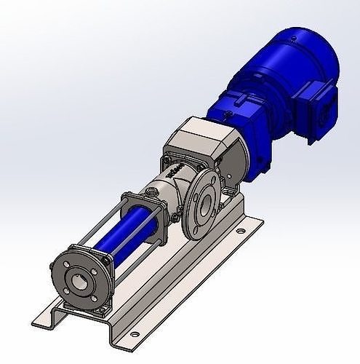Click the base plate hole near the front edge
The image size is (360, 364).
click(x=134, y=333)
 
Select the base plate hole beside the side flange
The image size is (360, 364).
click(x=239, y=232)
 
